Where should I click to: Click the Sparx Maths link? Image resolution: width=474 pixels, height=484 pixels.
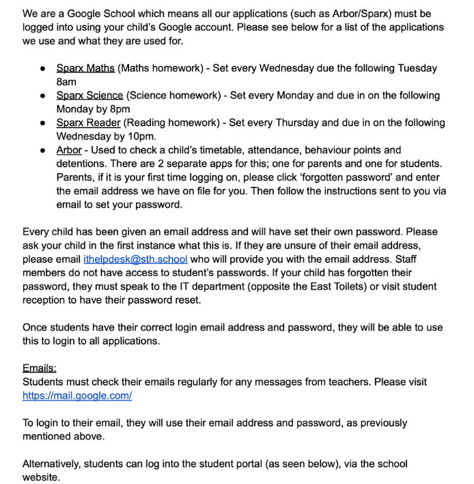[x=85, y=68]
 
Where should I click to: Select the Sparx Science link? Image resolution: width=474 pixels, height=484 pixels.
[x=89, y=96]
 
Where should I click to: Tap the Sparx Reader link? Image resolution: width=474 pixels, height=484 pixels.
[x=88, y=123]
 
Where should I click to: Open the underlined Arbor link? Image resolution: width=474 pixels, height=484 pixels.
[x=69, y=150]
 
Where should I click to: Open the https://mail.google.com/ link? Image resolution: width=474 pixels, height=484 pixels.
[x=77, y=396]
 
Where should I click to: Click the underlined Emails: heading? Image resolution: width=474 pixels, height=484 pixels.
[x=40, y=368]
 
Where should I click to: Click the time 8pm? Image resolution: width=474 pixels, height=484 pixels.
[x=118, y=109]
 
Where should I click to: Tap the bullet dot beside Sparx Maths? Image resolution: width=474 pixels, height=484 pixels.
[x=43, y=69]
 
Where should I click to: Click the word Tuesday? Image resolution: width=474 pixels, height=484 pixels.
[x=416, y=68]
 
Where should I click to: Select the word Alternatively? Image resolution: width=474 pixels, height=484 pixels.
[x=52, y=464]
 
